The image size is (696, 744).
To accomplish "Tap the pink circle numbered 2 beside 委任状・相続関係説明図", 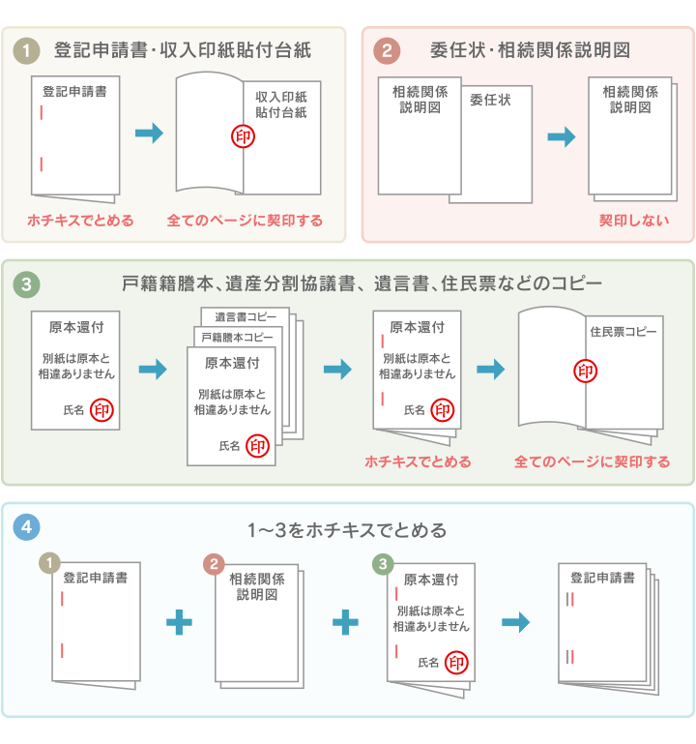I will point(387,49).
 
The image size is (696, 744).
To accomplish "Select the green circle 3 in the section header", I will point(27,283).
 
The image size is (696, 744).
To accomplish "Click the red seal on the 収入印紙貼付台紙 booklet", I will point(244,137).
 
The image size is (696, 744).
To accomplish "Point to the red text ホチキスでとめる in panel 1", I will point(80,221).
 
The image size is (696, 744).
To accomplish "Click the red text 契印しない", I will point(633,221).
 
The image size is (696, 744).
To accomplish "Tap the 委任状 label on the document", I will point(490,99).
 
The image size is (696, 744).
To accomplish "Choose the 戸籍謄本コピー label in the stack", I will point(238,337).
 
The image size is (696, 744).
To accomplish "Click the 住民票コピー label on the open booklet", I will point(623,332).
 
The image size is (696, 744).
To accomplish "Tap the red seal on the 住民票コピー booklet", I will point(586,371).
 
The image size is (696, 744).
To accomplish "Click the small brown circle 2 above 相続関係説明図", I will point(216,564).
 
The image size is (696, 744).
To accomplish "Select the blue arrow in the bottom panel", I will point(516,622).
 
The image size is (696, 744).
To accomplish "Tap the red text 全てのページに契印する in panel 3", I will point(592,461).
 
